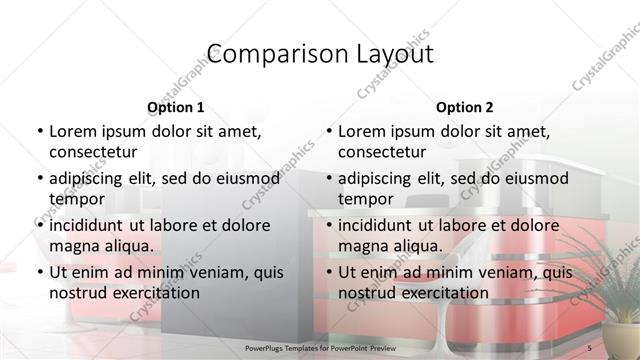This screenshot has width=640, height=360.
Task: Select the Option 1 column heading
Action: click(175, 107)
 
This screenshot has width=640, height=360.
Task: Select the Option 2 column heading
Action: click(464, 107)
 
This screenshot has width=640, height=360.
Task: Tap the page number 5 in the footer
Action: click(590, 346)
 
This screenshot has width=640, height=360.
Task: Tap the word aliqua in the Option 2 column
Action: click(417, 245)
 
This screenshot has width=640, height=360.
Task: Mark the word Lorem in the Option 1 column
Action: click(71, 131)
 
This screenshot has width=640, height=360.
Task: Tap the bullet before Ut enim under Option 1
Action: click(38, 272)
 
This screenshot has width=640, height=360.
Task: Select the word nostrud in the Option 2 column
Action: click(367, 292)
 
